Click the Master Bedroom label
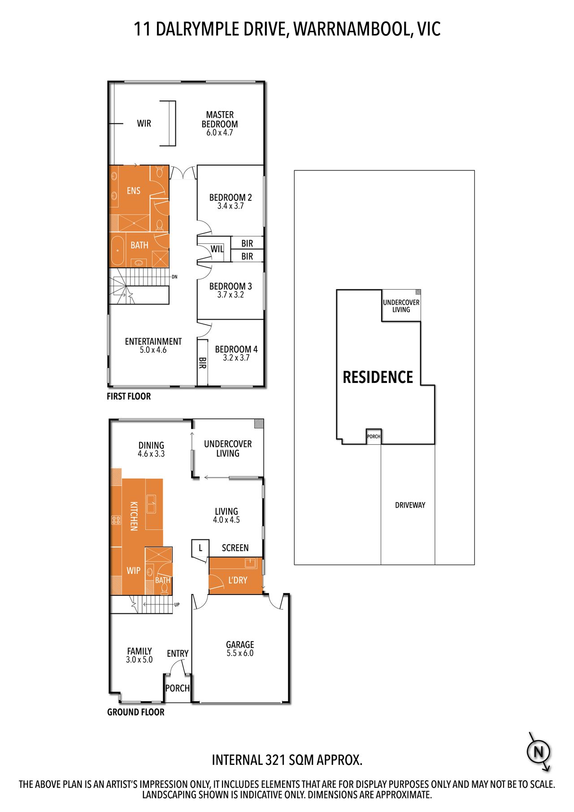point(220,119)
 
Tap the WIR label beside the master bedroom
point(144,123)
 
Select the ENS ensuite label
point(134,191)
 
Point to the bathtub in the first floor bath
point(118,251)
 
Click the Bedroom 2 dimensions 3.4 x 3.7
point(230,206)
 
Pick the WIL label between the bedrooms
point(217,249)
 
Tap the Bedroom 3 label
point(230,286)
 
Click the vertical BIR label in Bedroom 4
point(202,363)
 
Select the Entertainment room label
point(153,341)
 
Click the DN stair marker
point(174,277)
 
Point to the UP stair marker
point(177,605)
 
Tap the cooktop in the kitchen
point(116,520)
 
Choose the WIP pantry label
point(134,571)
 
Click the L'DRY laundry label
point(238,580)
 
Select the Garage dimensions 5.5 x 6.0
point(240,653)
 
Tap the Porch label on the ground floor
point(178,688)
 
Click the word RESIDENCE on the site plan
point(378,377)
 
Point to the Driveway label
point(410,505)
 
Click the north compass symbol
point(538,752)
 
